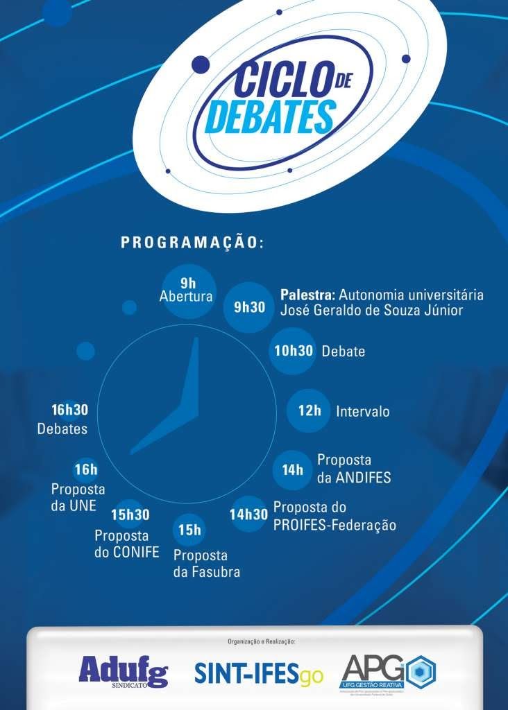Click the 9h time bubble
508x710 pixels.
tap(188, 290)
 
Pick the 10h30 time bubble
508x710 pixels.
tap(294, 351)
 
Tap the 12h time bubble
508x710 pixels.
tap(310, 410)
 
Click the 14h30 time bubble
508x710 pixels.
tap(249, 514)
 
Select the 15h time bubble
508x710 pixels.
tap(189, 531)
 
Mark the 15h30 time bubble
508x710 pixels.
tap(130, 514)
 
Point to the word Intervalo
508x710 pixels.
tap(362, 412)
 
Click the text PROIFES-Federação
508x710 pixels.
tap(335, 526)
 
